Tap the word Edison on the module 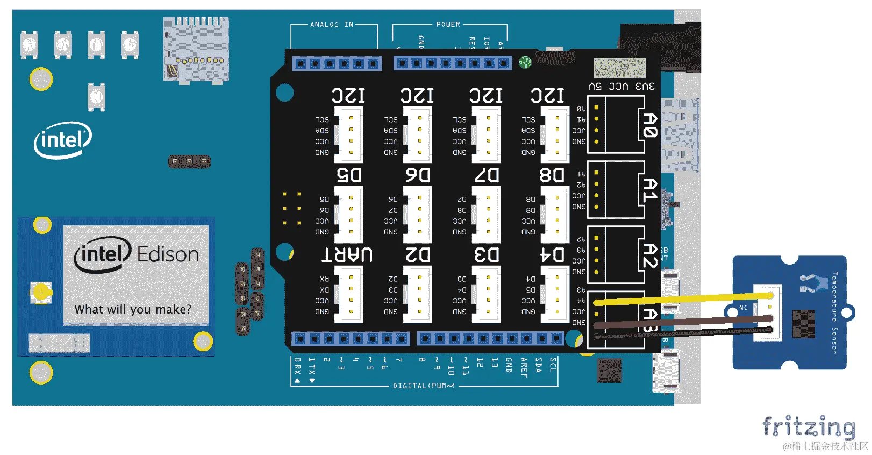click(168, 254)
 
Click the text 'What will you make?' click(133, 309)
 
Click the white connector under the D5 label click(349, 215)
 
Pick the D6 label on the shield click(418, 175)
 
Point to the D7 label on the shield click(487, 175)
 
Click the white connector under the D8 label click(555, 215)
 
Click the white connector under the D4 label click(555, 294)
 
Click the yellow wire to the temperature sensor click(683, 299)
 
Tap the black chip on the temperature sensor click(803, 324)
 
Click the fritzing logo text click(809, 427)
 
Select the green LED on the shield click(525, 63)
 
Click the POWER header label click(448, 25)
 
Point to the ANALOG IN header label click(332, 25)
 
